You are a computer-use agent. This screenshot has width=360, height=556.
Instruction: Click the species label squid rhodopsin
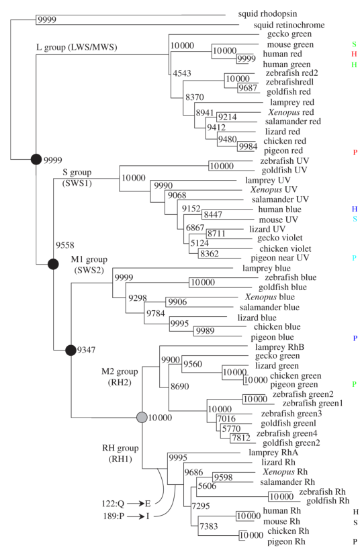[267, 14]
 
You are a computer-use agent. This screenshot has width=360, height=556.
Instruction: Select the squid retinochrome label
[289, 25]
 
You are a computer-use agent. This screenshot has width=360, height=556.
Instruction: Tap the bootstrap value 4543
[182, 73]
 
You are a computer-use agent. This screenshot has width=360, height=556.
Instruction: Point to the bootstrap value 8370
[195, 97]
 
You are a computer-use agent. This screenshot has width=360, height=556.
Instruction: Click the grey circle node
[142, 418]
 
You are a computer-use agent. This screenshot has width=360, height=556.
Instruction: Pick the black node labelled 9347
[71, 350]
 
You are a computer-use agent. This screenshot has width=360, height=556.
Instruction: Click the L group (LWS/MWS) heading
[77, 47]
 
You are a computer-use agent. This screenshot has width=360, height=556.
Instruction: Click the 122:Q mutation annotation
[113, 504]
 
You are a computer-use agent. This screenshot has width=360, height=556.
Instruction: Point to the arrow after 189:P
[136, 516]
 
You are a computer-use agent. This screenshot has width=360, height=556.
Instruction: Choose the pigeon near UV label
[280, 258]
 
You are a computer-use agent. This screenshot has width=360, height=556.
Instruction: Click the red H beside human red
[354, 54]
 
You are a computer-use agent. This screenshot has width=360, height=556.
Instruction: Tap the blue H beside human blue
[355, 210]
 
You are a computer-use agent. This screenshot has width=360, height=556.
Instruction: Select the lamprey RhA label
[273, 453]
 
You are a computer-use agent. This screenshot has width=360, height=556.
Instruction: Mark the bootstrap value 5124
[199, 243]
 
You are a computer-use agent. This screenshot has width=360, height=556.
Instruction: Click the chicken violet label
[285, 249]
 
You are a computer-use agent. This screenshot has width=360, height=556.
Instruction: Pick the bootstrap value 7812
[241, 438]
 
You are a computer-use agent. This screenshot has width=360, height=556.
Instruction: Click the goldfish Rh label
[328, 501]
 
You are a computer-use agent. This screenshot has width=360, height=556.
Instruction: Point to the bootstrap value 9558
[65, 245]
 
